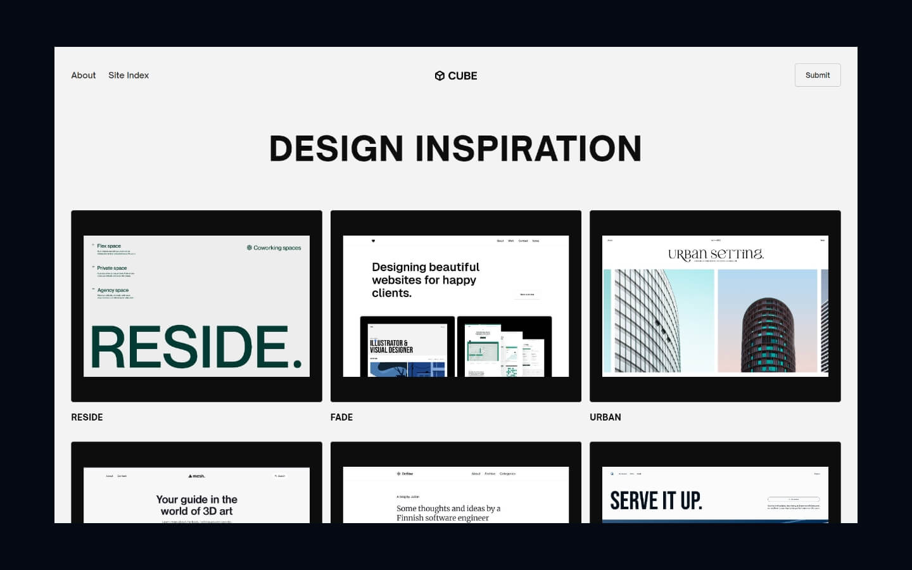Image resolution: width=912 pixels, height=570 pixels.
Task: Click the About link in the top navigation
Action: pos(83,75)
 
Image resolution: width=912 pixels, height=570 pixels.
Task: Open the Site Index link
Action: pos(129,75)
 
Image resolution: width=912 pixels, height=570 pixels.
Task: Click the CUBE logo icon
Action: pos(440,76)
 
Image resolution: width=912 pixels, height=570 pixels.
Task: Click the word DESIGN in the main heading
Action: pos(336,149)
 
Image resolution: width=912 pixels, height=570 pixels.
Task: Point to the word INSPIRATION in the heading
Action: pos(528,149)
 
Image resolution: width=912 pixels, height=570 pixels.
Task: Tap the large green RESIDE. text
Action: pos(196,347)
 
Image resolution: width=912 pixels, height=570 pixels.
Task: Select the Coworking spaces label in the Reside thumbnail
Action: pos(274,248)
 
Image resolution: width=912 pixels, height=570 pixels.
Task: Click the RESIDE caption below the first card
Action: pos(87,417)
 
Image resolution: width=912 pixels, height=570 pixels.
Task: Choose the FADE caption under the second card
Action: pos(341,417)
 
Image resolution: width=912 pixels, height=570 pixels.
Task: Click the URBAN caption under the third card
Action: pos(605,417)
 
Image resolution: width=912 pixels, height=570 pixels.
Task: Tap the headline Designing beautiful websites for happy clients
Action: pos(425,280)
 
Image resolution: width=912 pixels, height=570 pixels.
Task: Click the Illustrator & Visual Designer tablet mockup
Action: pos(407,347)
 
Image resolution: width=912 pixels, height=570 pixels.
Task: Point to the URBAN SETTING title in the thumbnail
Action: pos(716,255)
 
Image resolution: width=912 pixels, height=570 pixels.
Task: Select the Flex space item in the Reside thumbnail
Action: pos(109,246)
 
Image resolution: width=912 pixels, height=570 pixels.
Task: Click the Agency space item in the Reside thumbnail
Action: pos(113,290)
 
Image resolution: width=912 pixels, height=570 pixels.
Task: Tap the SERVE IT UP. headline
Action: pos(655,501)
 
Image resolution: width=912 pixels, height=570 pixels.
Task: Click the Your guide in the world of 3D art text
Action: pos(196,505)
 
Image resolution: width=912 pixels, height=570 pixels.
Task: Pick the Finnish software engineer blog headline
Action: pos(448,513)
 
